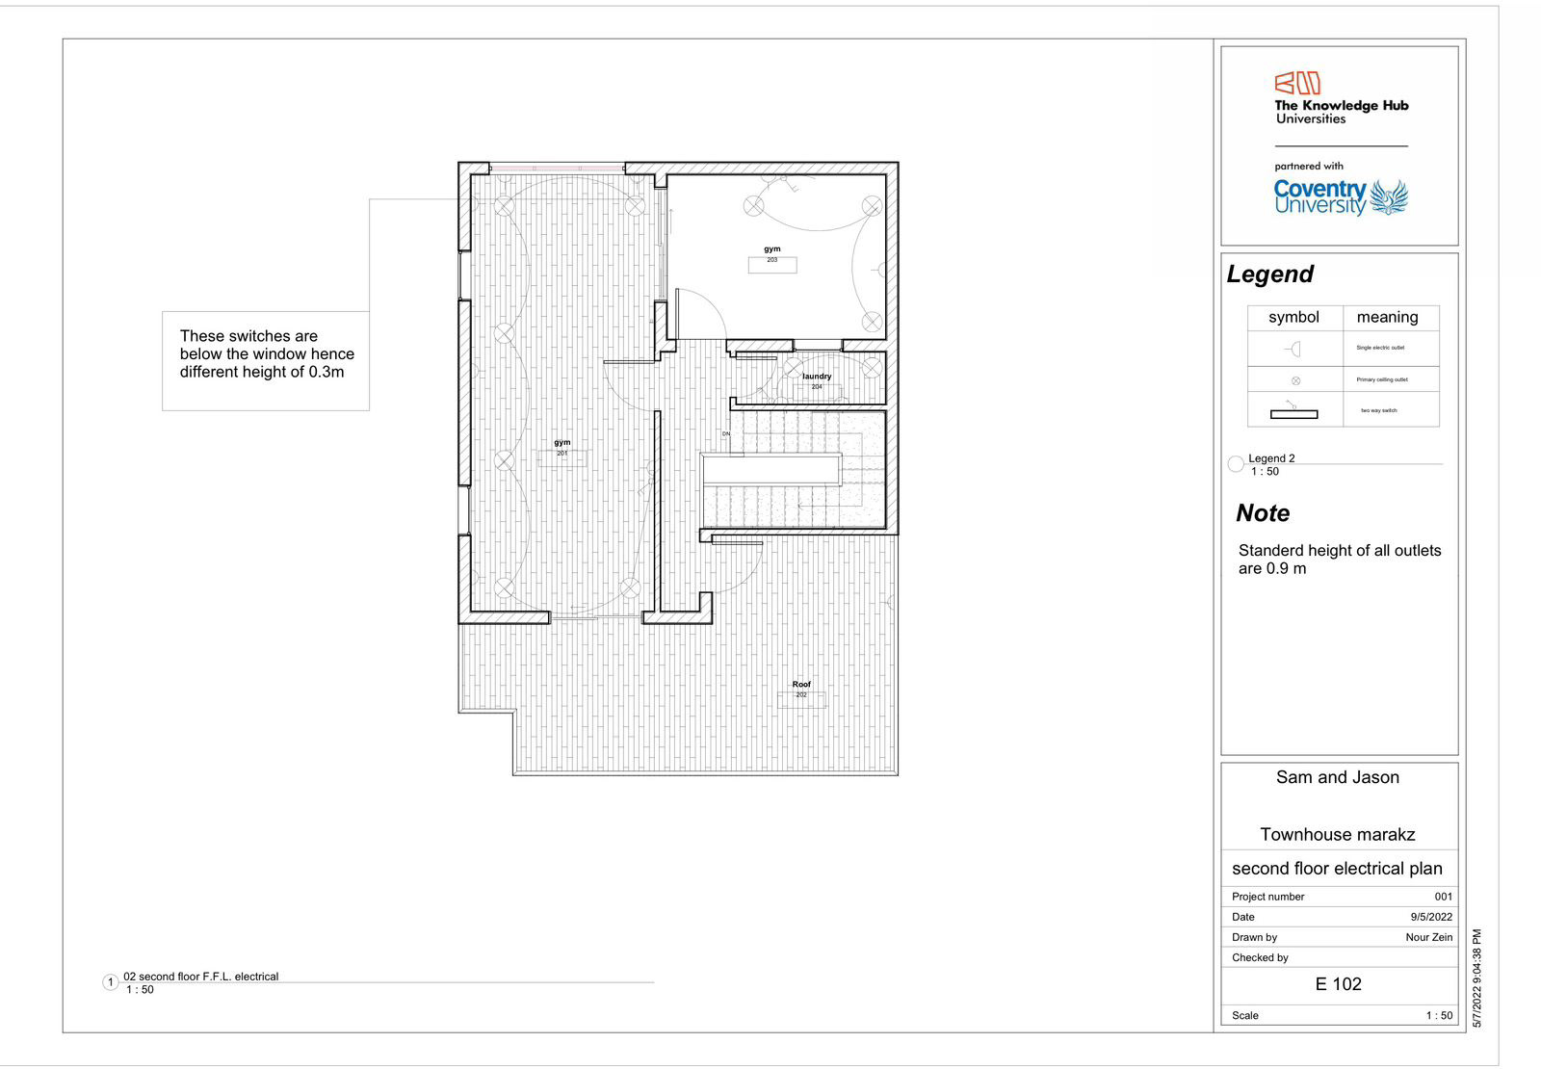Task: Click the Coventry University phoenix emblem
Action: pos(1388,196)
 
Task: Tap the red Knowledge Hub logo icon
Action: pos(1297,84)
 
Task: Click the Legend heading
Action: pos(1269,274)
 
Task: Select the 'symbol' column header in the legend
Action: pos(1293,317)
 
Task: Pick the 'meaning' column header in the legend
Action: pos(1387,317)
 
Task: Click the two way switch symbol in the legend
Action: pos(1293,411)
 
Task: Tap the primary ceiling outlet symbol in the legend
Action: pos(1295,380)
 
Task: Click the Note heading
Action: pos(1263,513)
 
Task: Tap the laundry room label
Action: pos(817,380)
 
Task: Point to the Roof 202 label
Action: pos(801,689)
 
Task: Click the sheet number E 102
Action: pos(1339,984)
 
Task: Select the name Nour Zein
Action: pos(1428,937)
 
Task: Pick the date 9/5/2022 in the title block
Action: pos(1431,917)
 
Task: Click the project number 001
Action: pos(1443,897)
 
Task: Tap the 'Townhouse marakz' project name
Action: pos(1338,835)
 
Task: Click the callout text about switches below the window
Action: pos(266,354)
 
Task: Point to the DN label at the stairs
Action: pos(726,434)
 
